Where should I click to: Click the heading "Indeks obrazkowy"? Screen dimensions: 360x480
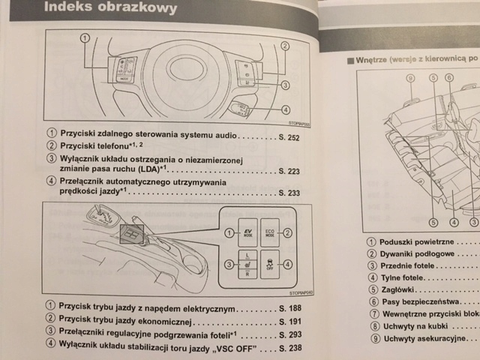pos(112,9)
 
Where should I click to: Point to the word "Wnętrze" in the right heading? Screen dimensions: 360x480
pos(376,59)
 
